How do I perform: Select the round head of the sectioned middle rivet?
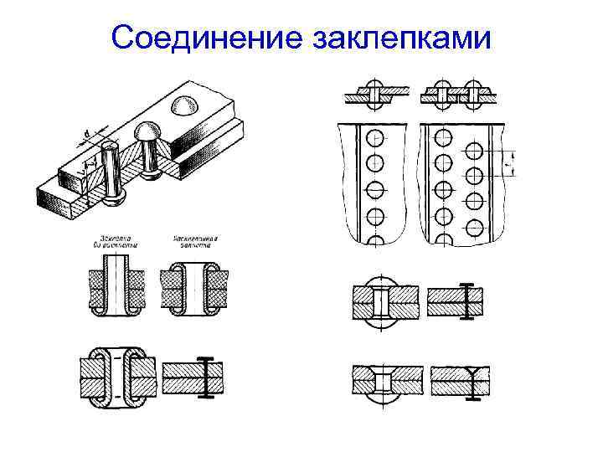point(147,133)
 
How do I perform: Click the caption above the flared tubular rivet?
point(195,240)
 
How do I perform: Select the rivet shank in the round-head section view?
point(381,300)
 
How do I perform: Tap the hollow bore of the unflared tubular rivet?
point(116,285)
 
